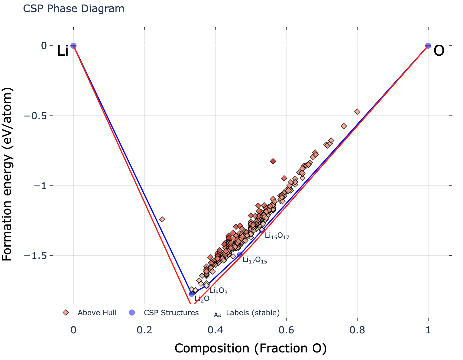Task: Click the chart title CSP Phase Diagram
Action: click(73, 9)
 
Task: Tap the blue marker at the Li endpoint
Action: click(73, 46)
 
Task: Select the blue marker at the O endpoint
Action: click(428, 46)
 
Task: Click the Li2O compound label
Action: click(202, 299)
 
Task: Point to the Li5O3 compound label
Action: click(218, 291)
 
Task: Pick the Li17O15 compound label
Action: click(255, 260)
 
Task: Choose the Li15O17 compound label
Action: click(277, 236)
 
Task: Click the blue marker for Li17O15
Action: click(240, 255)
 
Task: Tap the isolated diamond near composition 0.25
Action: click(162, 219)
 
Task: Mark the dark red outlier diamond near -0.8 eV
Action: click(273, 161)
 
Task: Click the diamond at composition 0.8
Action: click(357, 112)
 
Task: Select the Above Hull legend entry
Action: click(97, 313)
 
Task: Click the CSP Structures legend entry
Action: click(171, 313)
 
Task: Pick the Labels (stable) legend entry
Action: click(253, 313)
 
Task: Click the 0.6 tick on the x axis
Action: click(286, 330)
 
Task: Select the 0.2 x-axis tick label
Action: click(144, 330)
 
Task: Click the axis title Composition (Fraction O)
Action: click(251, 349)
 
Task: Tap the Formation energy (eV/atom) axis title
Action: click(8, 174)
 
